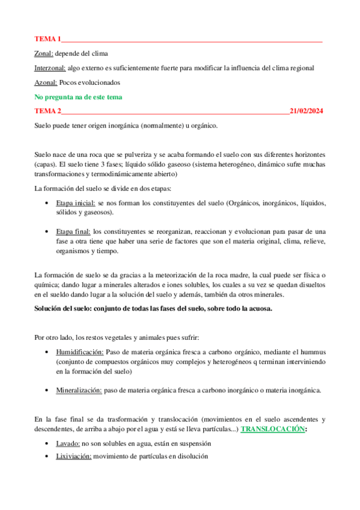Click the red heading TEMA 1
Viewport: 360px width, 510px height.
click(x=48, y=39)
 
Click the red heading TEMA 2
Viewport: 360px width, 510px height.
click(x=48, y=111)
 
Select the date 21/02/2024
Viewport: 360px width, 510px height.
click(x=306, y=111)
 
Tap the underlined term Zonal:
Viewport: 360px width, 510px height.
click(x=44, y=54)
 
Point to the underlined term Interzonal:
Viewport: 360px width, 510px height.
click(x=50, y=68)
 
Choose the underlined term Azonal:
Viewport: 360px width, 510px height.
click(x=46, y=82)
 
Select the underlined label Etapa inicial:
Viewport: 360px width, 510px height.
click(x=75, y=203)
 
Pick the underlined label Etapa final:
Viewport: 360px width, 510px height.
click(x=73, y=232)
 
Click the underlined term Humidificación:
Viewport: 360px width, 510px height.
click(x=80, y=352)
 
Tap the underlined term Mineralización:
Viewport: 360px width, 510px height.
click(x=79, y=390)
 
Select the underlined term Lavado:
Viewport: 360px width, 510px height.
click(x=68, y=443)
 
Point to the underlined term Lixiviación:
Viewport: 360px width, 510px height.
click(x=73, y=456)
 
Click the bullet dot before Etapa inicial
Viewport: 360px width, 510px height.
click(x=47, y=203)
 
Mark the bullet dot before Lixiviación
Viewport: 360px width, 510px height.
click(x=47, y=456)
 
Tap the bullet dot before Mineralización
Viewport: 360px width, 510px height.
click(x=47, y=390)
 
